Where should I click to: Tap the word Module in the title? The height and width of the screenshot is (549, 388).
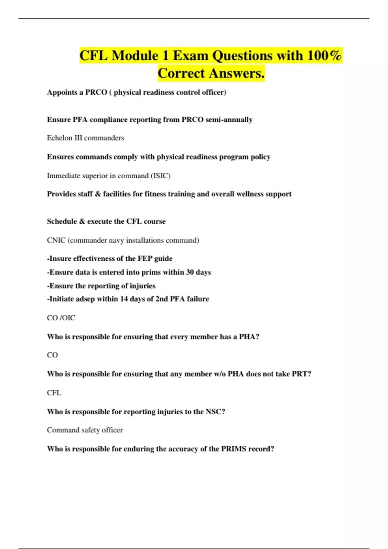[135, 56]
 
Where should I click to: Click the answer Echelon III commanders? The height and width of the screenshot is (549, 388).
[85, 138]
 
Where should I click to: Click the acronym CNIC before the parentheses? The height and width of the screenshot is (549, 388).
[56, 240]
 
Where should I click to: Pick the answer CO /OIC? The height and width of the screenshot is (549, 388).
[61, 318]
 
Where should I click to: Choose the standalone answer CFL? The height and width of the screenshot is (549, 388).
[54, 393]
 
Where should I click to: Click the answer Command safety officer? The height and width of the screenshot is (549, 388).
[85, 430]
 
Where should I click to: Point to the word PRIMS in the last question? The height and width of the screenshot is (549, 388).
[233, 449]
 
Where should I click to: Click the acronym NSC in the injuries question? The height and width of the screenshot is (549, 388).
[213, 412]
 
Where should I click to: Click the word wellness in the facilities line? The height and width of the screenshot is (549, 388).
[249, 194]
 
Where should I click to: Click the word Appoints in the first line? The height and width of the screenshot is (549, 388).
[62, 92]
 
